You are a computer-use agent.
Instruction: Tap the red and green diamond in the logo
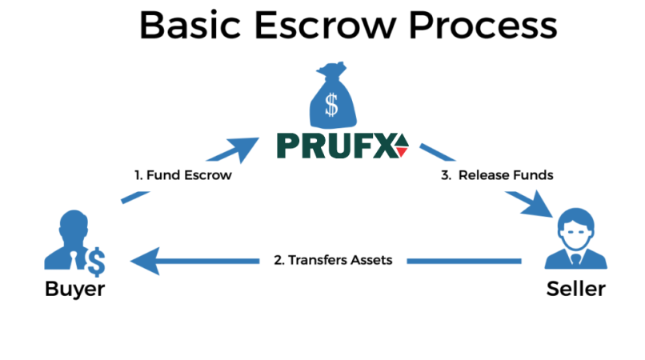pyautogui.click(x=401, y=146)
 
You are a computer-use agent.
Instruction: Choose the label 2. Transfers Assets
pyautogui.click(x=332, y=260)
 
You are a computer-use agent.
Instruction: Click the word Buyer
pyautogui.click(x=74, y=289)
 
